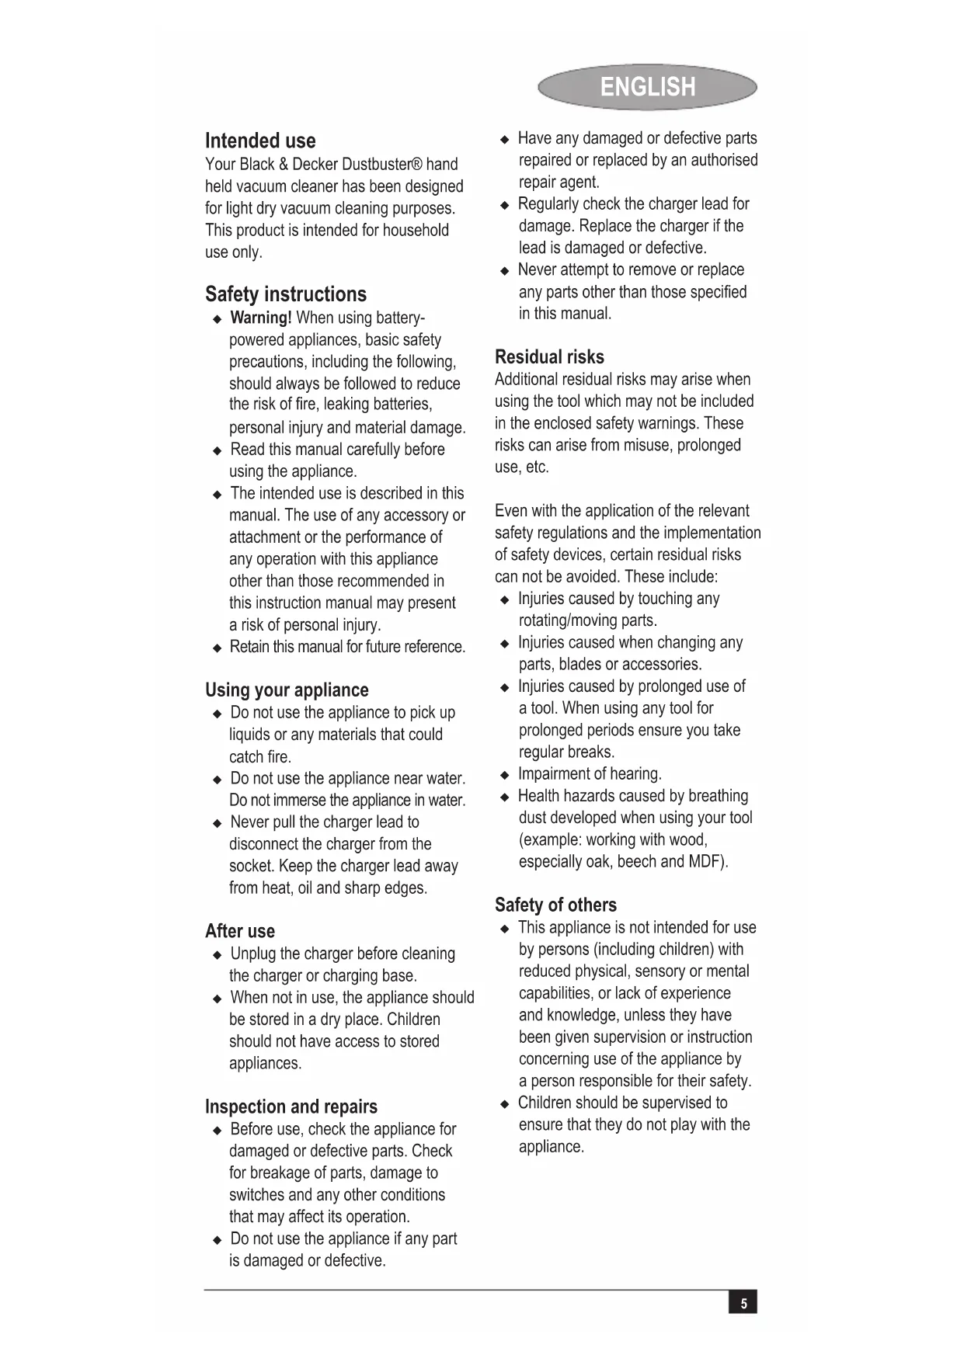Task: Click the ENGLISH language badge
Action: [x=647, y=87]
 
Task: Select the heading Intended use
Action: [x=260, y=141]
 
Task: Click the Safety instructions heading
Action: [x=286, y=294]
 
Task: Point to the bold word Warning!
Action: [x=261, y=318]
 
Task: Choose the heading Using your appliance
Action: [x=287, y=690]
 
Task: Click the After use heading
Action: [x=240, y=931]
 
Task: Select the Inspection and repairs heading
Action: [x=291, y=1107]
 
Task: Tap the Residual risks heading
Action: [x=549, y=357]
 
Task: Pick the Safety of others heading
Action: [x=555, y=905]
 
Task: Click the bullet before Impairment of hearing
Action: [x=505, y=775]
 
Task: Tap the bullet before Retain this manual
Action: [x=217, y=648]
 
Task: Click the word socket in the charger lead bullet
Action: [x=252, y=866]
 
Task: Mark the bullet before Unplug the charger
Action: [x=217, y=954]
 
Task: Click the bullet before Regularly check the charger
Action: [x=505, y=205]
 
